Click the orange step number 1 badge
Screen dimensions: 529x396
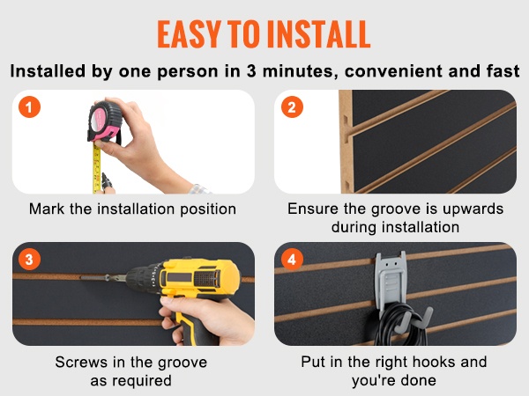[29, 107]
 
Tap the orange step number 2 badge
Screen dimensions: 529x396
[292, 107]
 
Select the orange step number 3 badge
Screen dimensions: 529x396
[29, 260]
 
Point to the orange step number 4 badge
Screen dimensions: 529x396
[292, 260]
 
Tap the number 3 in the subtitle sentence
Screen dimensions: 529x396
[251, 71]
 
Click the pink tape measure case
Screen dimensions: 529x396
[104, 121]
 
